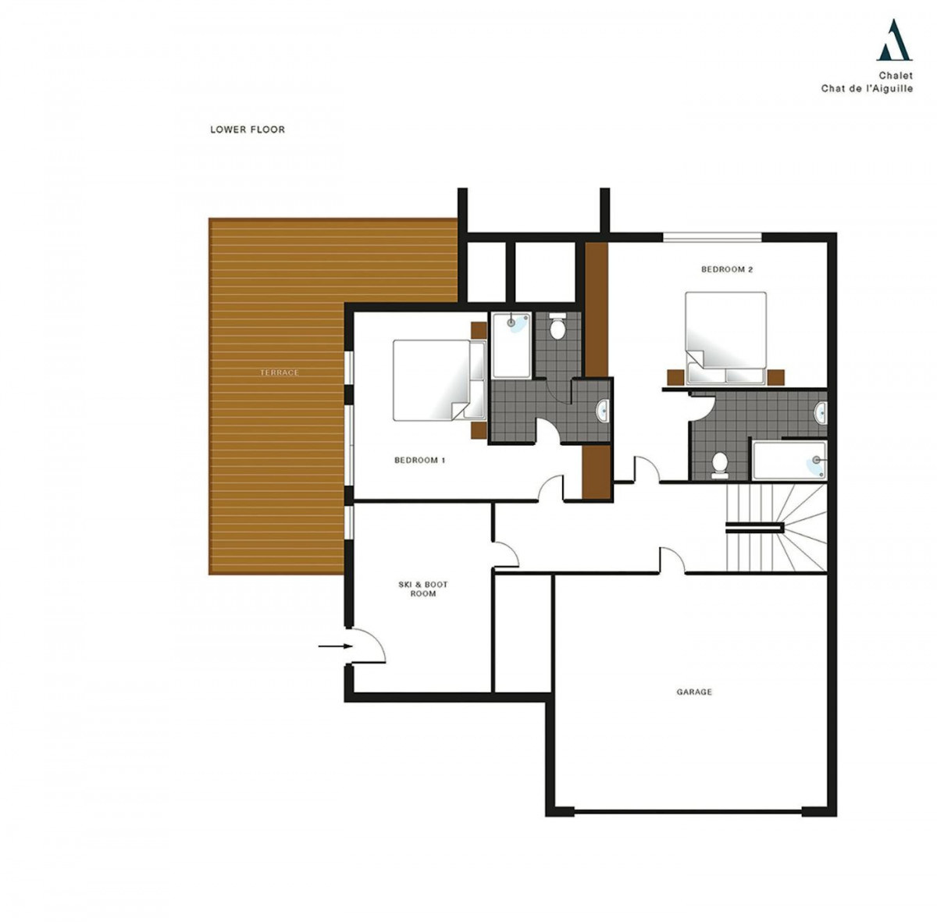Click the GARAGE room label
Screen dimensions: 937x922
tap(693, 692)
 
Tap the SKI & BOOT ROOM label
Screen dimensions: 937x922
tap(422, 589)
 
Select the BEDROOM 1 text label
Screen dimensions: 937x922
tap(419, 460)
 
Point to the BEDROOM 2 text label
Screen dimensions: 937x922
tap(726, 269)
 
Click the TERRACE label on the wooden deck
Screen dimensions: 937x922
tap(279, 372)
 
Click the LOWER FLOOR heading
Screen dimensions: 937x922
tap(248, 130)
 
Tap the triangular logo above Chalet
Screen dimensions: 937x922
tap(894, 40)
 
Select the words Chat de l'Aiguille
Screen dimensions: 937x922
tap(867, 88)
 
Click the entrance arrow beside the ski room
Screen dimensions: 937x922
tap(335, 646)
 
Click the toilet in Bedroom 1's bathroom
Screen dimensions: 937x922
tap(558, 327)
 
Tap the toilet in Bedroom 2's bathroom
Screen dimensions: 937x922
tap(718, 462)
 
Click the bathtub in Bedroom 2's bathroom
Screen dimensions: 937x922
tap(789, 460)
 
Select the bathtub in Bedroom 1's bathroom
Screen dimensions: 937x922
tap(512, 345)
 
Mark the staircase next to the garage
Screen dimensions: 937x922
tap(776, 528)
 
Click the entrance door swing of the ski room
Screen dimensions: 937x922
tap(368, 646)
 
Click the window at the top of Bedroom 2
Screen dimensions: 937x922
tap(712, 237)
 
